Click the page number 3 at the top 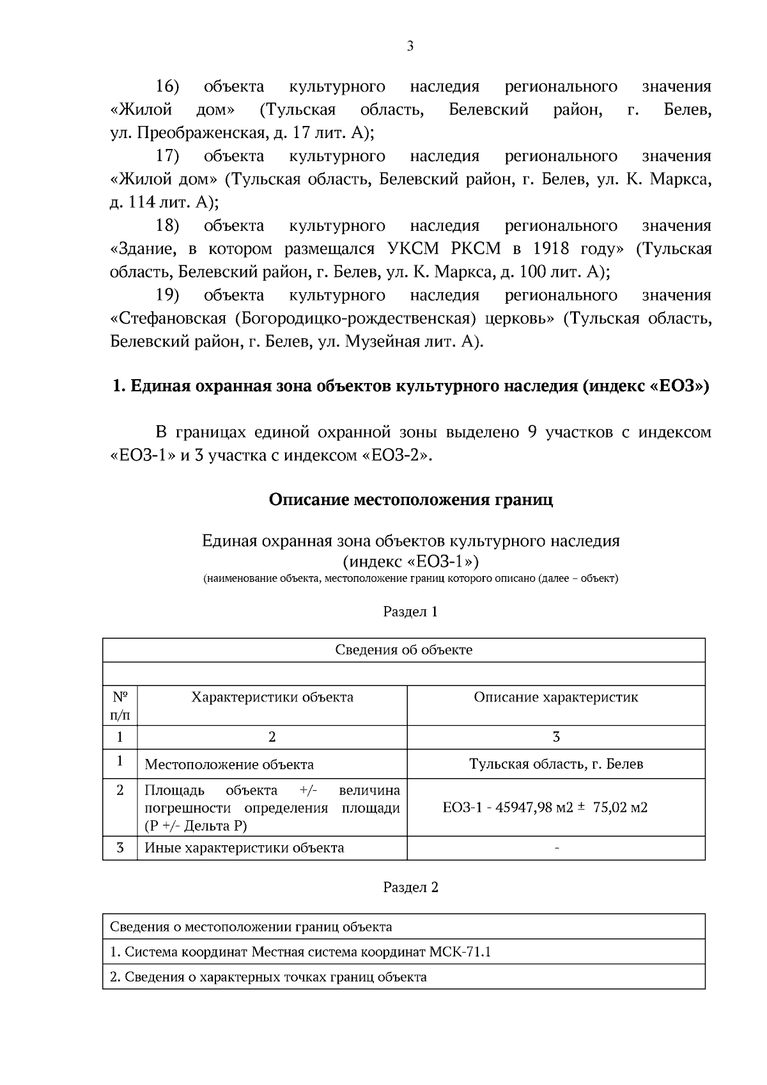[x=410, y=46]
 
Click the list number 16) [x=167, y=86]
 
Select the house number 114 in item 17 [x=143, y=203]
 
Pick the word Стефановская [x=169, y=318]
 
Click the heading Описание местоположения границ [x=410, y=499]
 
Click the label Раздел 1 [x=410, y=612]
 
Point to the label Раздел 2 [x=410, y=887]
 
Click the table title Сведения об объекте [x=403, y=650]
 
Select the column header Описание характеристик [x=555, y=698]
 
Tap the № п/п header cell [x=120, y=705]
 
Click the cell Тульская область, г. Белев [x=555, y=764]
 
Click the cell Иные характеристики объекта [x=244, y=848]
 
